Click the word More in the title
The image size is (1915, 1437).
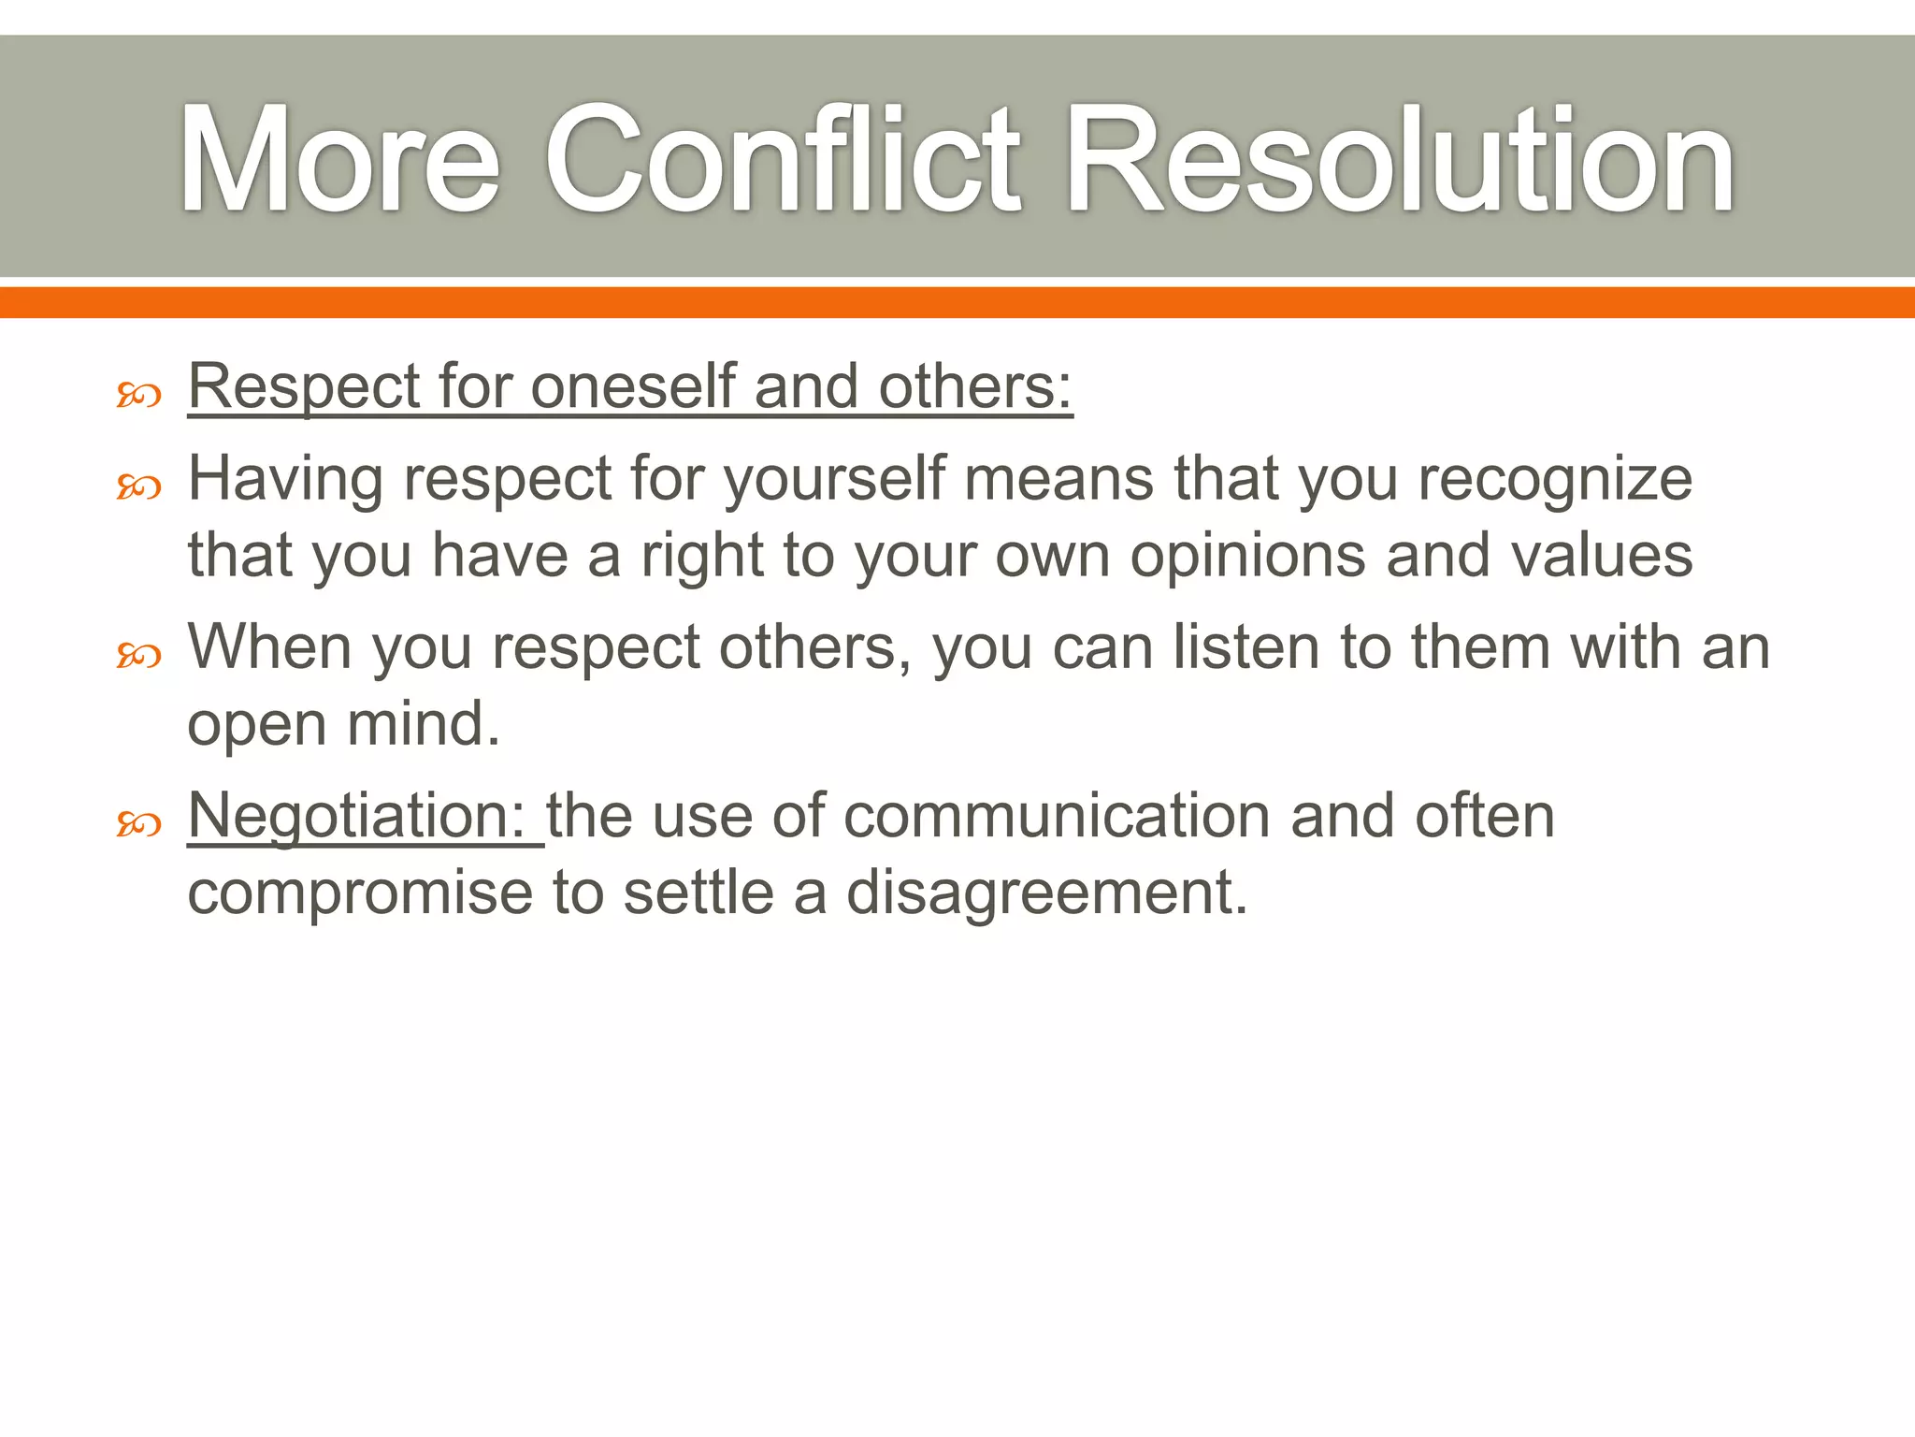pyautogui.click(x=338, y=161)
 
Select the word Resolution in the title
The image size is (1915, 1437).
pyautogui.click(x=1399, y=161)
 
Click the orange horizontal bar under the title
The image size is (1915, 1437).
pyautogui.click(x=957, y=302)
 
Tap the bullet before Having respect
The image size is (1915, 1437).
pyautogui.click(x=139, y=486)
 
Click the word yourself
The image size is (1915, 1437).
pyautogui.click(x=835, y=479)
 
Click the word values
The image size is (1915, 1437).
pyautogui.click(x=1602, y=555)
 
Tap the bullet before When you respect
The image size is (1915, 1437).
pyautogui.click(x=139, y=656)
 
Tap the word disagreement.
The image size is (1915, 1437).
pyautogui.click(x=1047, y=893)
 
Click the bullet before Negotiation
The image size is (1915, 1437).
pyautogui.click(x=139, y=824)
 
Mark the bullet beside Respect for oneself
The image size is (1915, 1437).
pyautogui.click(x=139, y=396)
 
